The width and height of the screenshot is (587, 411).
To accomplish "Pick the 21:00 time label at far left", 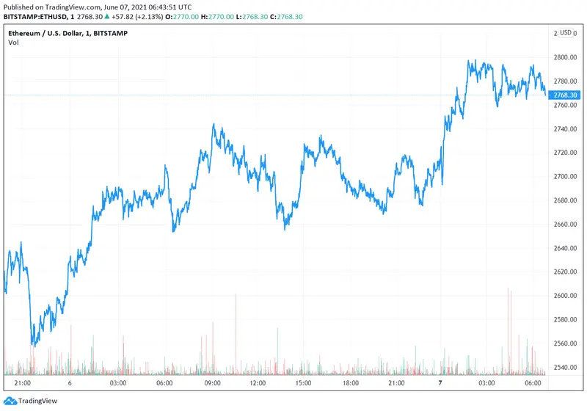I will point(23,383).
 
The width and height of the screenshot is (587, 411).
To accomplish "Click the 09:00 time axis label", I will point(212,383).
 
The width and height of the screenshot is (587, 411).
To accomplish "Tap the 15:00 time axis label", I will point(305,383).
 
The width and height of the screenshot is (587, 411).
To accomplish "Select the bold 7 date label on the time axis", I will point(440,383).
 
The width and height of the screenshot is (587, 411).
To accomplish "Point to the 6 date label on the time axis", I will point(69,383).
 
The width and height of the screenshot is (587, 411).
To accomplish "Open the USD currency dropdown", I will point(566,33).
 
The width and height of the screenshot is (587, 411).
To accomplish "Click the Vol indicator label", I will point(13,43).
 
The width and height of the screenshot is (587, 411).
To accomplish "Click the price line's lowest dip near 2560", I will point(33,345).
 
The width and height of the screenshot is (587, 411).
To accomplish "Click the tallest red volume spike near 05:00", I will point(508,291).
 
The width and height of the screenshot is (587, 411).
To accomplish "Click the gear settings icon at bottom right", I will point(565,383).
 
